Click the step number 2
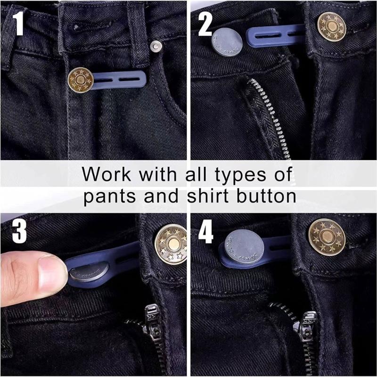tap(205, 25)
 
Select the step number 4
tap(206, 231)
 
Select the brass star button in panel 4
tap(327, 234)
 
